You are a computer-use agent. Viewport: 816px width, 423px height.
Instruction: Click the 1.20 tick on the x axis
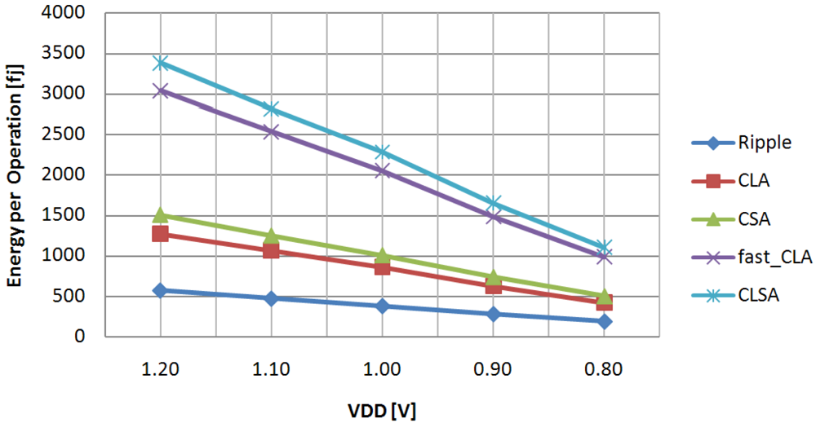click(160, 368)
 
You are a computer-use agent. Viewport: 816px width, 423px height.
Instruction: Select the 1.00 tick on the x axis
click(382, 368)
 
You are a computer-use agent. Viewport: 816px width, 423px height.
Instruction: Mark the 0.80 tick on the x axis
click(604, 368)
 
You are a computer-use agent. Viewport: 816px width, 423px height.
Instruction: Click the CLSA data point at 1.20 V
click(160, 62)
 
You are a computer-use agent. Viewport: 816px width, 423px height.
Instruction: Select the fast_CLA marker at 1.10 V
click(271, 131)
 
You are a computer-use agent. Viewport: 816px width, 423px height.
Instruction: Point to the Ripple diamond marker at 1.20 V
click(160, 290)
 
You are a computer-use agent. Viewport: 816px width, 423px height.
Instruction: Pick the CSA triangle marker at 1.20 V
click(160, 215)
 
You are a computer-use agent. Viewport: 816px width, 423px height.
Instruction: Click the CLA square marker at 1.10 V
click(271, 250)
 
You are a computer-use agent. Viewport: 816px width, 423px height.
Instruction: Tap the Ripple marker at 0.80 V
click(604, 321)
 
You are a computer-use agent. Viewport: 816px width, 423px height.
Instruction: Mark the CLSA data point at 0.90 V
click(493, 203)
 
